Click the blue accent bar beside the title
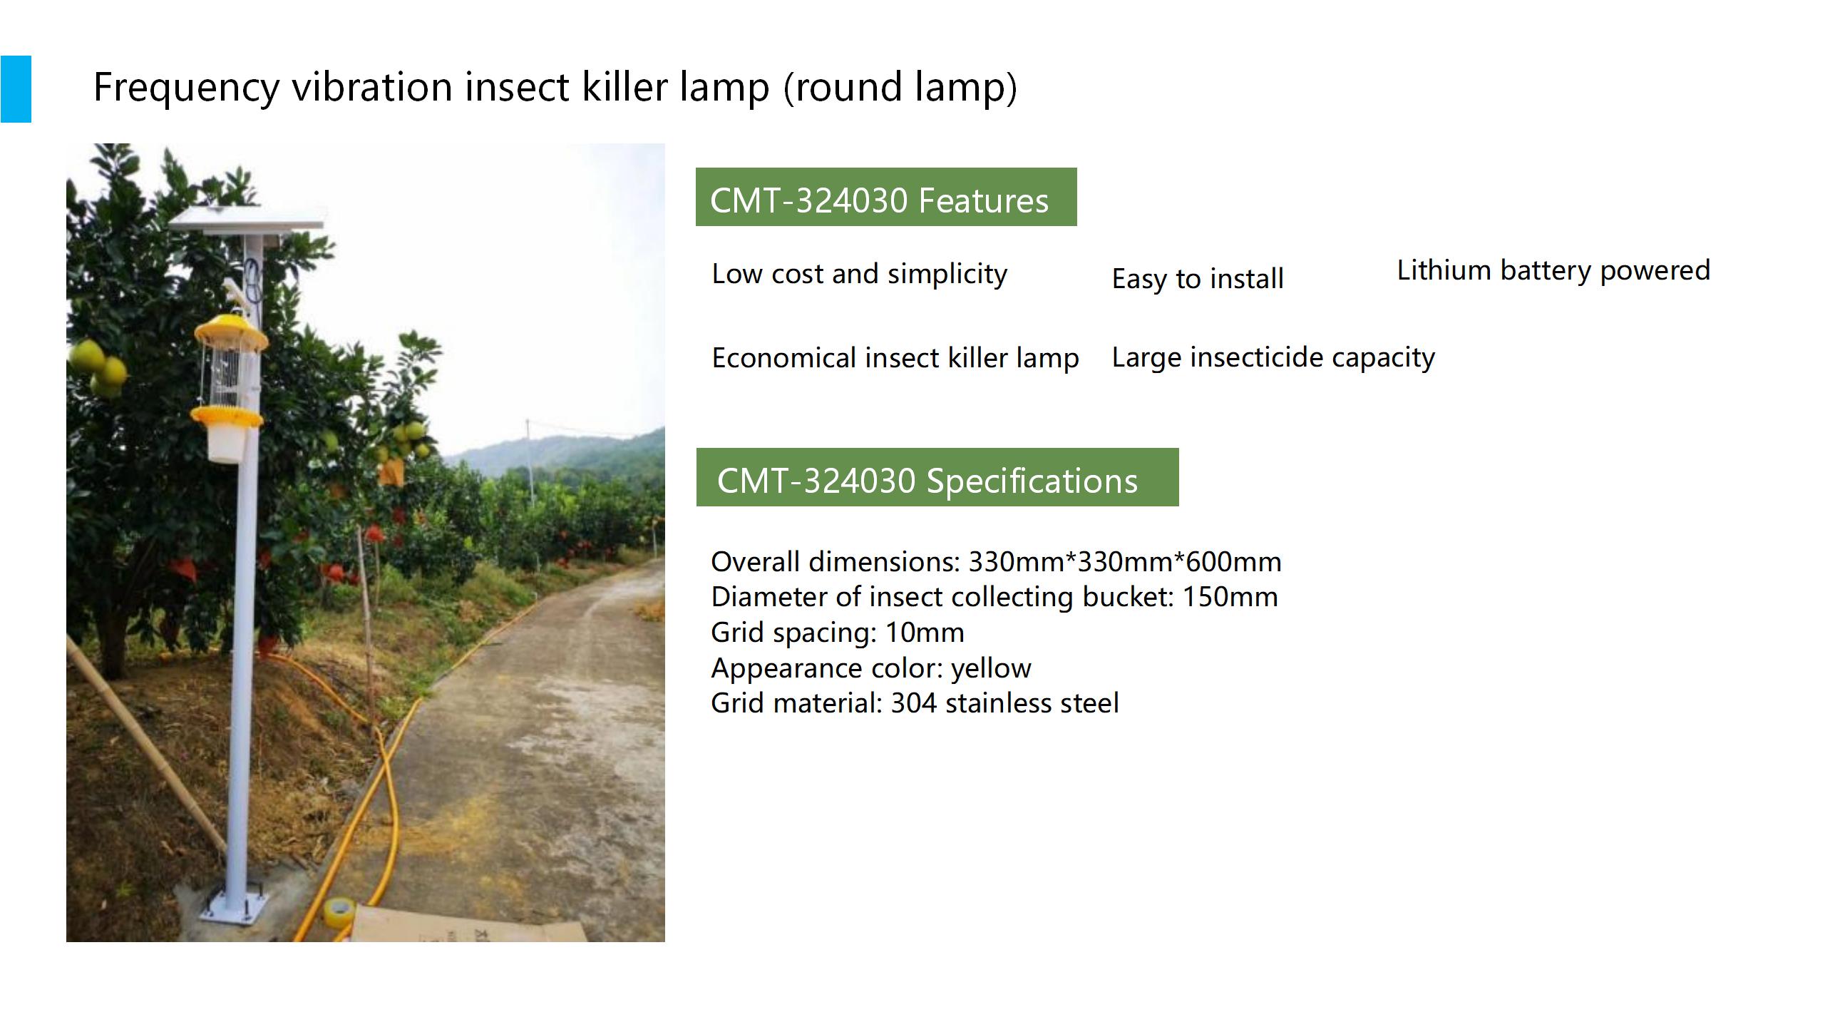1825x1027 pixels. click(x=16, y=89)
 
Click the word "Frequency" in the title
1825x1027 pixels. click(x=187, y=88)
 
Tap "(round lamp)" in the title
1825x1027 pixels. click(x=900, y=88)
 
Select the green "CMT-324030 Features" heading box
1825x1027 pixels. click(x=886, y=197)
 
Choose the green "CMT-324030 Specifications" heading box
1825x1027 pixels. click(x=937, y=477)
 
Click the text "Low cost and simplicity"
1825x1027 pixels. click(x=860, y=274)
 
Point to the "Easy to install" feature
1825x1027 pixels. click(x=1198, y=279)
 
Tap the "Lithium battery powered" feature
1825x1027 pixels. click(x=1553, y=270)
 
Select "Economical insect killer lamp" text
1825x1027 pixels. click(x=895, y=358)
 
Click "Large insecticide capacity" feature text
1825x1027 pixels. click(x=1273, y=357)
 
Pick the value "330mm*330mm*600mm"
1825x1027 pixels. click(x=1125, y=562)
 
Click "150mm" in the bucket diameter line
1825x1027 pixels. click(x=1230, y=597)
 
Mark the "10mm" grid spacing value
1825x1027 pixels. click(x=925, y=633)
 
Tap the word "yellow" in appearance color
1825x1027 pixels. click(x=991, y=669)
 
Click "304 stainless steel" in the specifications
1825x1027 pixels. click(x=1005, y=703)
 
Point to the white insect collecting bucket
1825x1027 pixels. click(x=226, y=443)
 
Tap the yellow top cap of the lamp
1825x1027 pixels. click(x=231, y=330)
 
